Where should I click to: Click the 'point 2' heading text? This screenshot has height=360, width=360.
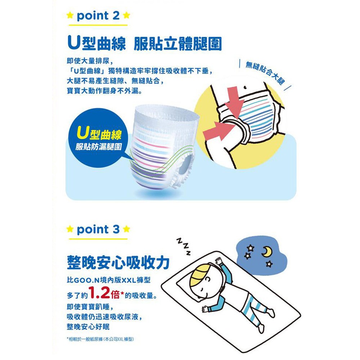point(98,16)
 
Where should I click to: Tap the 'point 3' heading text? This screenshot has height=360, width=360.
point(98,229)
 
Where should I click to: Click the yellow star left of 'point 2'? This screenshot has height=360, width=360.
point(70,15)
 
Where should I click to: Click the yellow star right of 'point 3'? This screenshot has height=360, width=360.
point(126,229)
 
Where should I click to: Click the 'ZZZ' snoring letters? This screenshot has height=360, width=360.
point(184,246)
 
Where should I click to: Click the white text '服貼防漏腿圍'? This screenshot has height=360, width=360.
point(99,147)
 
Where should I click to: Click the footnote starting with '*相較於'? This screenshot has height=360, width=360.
point(100,339)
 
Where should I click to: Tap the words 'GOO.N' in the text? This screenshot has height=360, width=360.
point(86,280)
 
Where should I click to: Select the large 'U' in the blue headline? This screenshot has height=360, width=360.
point(73,43)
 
